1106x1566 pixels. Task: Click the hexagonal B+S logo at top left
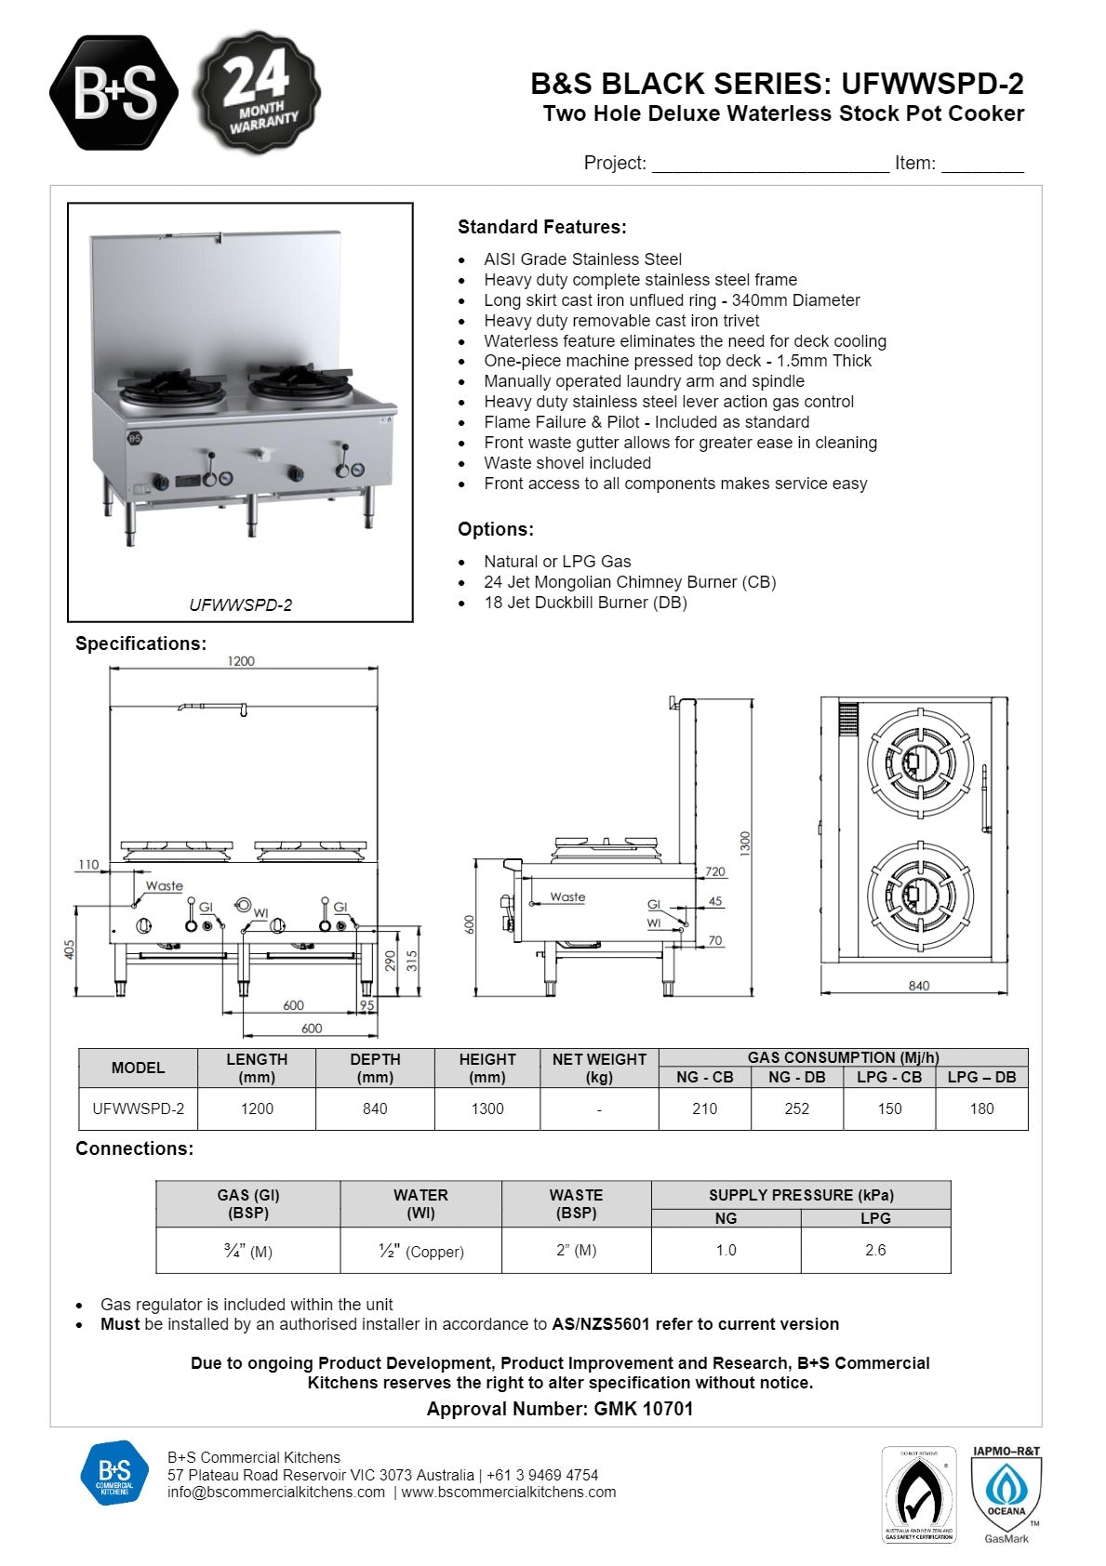click(x=113, y=92)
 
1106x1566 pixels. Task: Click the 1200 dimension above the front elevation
click(x=241, y=661)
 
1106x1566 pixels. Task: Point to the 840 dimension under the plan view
click(x=918, y=986)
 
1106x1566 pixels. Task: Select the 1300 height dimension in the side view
click(x=744, y=843)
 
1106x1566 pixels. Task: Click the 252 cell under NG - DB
click(x=796, y=1108)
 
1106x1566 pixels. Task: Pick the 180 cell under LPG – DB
click(x=981, y=1108)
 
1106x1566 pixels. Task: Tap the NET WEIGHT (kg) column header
click(x=598, y=1068)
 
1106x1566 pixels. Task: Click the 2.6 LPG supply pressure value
click(x=874, y=1250)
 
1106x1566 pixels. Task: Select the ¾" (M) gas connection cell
click(x=247, y=1251)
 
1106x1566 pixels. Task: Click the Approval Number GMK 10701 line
click(x=559, y=1409)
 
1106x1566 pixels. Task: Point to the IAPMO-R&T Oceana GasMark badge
click(x=1006, y=1493)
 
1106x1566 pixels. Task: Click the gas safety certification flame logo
click(x=918, y=1493)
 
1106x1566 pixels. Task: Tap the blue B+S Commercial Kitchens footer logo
click(x=114, y=1473)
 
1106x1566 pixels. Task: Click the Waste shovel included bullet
click(x=566, y=463)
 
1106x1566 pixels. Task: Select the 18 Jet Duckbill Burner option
click(x=585, y=603)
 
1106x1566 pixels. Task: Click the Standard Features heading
click(x=541, y=227)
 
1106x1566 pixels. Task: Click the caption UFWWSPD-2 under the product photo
click(x=240, y=605)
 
